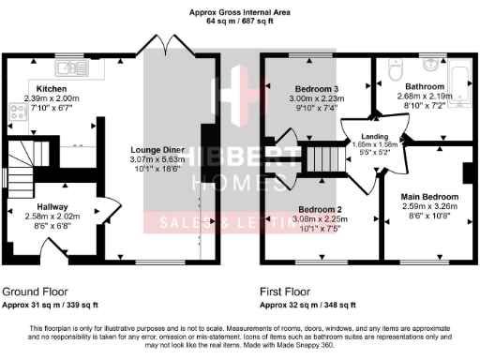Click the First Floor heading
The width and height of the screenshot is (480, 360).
(x=285, y=292)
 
